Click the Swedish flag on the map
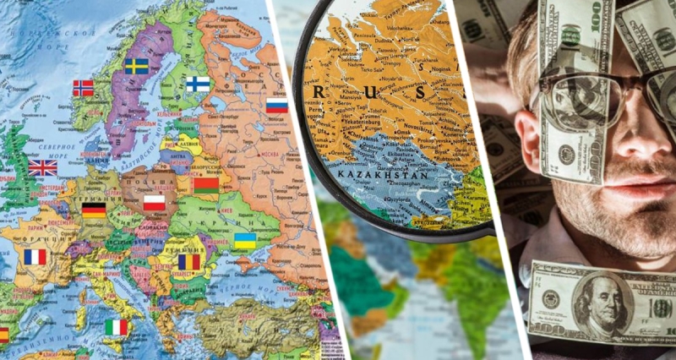pyautogui.click(x=136, y=66)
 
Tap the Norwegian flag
pyautogui.click(x=84, y=88)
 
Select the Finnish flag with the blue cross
pyautogui.click(x=198, y=84)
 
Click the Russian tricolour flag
pyautogui.click(x=277, y=106)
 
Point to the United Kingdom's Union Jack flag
pyautogui.click(x=43, y=167)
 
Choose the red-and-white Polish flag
pyautogui.click(x=154, y=202)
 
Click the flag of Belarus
pyautogui.click(x=206, y=184)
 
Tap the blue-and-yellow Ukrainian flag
pyautogui.click(x=245, y=241)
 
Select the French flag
pyautogui.click(x=35, y=257)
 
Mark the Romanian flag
pyautogui.click(x=189, y=262)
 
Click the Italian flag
pyautogui.click(x=116, y=327)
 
